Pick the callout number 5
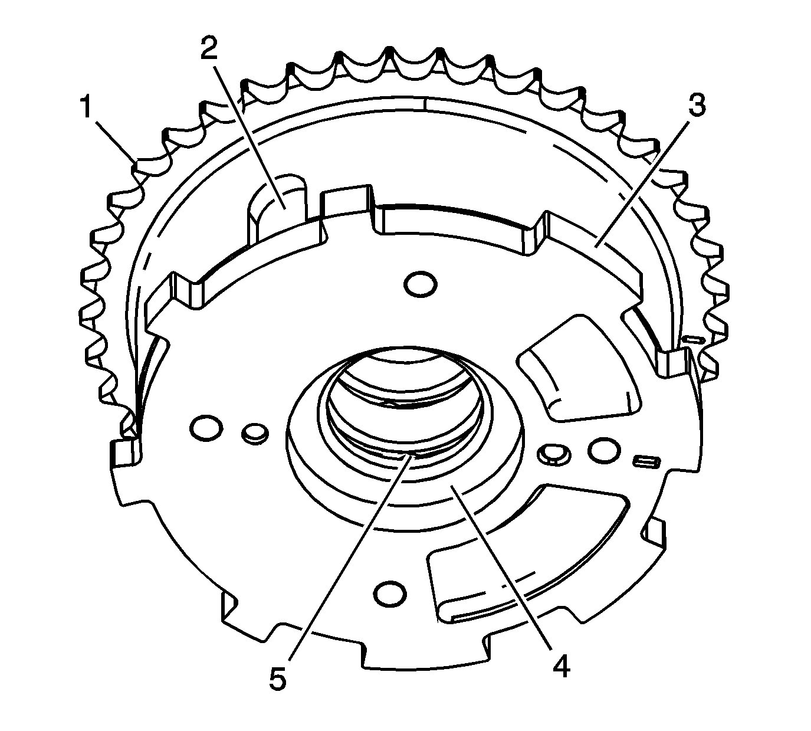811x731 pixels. click(x=277, y=678)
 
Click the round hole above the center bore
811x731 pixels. click(x=422, y=284)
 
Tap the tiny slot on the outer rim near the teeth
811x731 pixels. click(x=693, y=339)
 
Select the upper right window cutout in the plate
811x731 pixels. click(x=578, y=369)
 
